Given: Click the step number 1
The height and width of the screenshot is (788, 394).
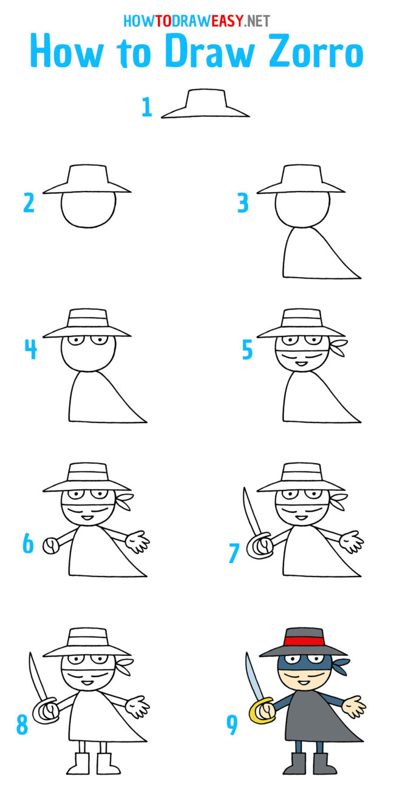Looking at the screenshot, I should coord(146,107).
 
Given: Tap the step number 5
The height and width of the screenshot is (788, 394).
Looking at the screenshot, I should coord(247,350).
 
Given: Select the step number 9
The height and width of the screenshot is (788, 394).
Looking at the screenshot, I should coord(232,726).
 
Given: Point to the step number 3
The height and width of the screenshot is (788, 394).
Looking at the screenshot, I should coord(243,203).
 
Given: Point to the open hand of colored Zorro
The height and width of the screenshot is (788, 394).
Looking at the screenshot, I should coord(354,707).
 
